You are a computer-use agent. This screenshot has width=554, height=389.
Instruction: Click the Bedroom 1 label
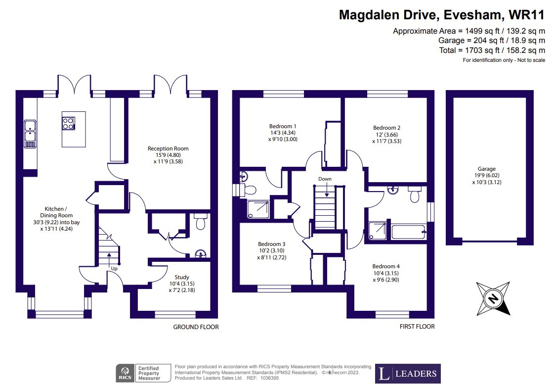click(283, 126)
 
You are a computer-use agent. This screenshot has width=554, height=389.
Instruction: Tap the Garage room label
click(486, 169)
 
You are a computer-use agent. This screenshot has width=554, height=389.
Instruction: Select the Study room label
click(181, 277)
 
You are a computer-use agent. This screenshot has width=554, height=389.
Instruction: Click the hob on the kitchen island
click(69, 124)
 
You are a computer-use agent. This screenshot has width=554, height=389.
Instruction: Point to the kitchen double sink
click(30, 134)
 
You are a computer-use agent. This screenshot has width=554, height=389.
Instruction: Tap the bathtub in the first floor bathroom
click(408, 232)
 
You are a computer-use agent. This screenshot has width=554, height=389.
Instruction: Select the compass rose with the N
click(493, 298)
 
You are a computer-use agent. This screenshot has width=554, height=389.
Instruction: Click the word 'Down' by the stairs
click(325, 179)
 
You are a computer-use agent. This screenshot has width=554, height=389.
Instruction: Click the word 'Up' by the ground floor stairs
click(114, 269)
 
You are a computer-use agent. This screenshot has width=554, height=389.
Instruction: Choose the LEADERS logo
click(408, 374)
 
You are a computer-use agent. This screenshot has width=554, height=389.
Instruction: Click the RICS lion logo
click(125, 373)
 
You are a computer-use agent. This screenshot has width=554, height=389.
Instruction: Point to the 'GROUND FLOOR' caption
click(196, 327)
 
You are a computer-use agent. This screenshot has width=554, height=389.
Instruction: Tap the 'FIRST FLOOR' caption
click(417, 327)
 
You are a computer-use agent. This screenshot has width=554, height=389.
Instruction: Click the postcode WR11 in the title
click(526, 15)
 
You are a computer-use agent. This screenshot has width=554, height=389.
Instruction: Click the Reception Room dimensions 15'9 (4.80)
click(168, 155)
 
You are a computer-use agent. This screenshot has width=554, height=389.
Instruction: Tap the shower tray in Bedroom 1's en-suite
click(258, 209)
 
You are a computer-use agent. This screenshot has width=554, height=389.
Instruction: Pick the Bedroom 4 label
click(386, 267)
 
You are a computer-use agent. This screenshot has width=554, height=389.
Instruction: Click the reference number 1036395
click(269, 378)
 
